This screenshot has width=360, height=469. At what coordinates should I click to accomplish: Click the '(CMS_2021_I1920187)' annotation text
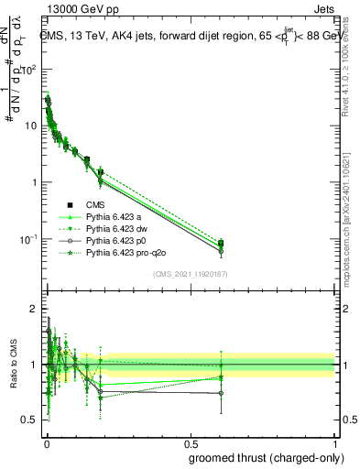191,274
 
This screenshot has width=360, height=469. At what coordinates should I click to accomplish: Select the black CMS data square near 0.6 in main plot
221,244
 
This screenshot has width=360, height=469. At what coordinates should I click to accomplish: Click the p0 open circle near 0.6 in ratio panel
221,393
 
